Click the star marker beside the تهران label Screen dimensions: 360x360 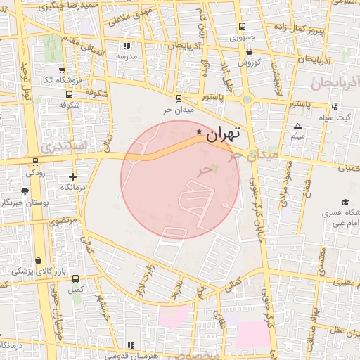tap(200, 131)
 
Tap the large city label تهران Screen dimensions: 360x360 tap(224, 132)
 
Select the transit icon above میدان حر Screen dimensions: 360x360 tap(179, 98)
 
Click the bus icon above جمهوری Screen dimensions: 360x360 tap(243, 26)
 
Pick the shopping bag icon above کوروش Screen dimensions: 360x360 tap(249, 51)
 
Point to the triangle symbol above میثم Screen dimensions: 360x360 tap(298, 124)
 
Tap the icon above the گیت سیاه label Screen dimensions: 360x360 tap(335, 107)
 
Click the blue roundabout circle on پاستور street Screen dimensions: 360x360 tap(246, 99)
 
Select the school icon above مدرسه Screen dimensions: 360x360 tap(127, 46)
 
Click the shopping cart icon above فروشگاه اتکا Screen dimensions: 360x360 tap(63, 70)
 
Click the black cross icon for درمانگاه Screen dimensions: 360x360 tap(72, 176)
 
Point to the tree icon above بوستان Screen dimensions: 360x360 tap(26, 191)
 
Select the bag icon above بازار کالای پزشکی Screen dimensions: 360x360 tap(37, 260)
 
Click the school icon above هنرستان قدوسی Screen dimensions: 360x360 tap(131, 345)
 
